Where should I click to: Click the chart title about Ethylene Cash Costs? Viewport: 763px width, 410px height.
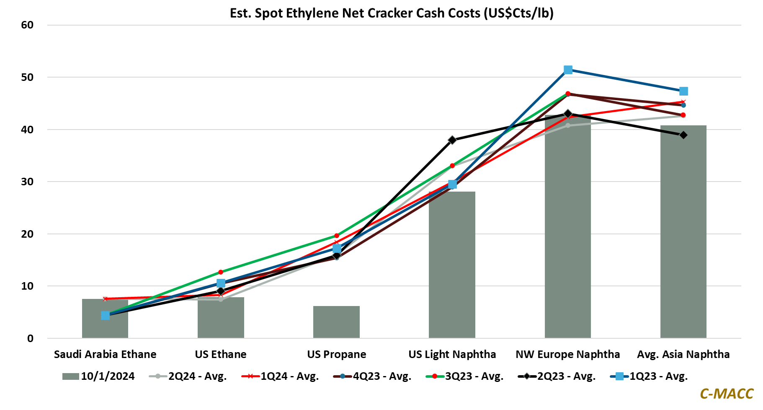pos(392,13)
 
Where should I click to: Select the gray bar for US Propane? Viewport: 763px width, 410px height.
pos(336,322)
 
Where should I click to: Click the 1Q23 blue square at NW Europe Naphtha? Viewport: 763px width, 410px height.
pos(568,70)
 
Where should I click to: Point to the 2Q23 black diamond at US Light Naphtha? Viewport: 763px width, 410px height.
pos(452,140)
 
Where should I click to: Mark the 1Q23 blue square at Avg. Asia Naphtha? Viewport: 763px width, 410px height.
pos(683,91)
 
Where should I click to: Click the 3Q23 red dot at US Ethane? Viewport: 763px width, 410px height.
pos(221,272)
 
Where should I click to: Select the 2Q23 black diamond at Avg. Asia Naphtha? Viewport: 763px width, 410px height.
pos(683,135)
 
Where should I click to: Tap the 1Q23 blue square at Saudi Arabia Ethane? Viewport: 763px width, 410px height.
pos(105,315)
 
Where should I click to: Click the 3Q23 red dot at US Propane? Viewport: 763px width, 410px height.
pos(337,236)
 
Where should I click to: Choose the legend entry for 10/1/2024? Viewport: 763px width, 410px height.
pos(98,376)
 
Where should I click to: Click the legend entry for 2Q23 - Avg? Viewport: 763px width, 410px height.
pos(557,376)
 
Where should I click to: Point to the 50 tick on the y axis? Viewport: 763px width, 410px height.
pos(27,77)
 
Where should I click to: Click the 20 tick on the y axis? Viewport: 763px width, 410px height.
pos(27,234)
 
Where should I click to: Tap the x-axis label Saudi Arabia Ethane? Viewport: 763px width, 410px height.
pos(105,354)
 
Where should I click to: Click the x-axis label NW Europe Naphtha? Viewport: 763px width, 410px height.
pos(568,354)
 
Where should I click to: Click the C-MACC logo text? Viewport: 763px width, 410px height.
pos(727,394)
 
